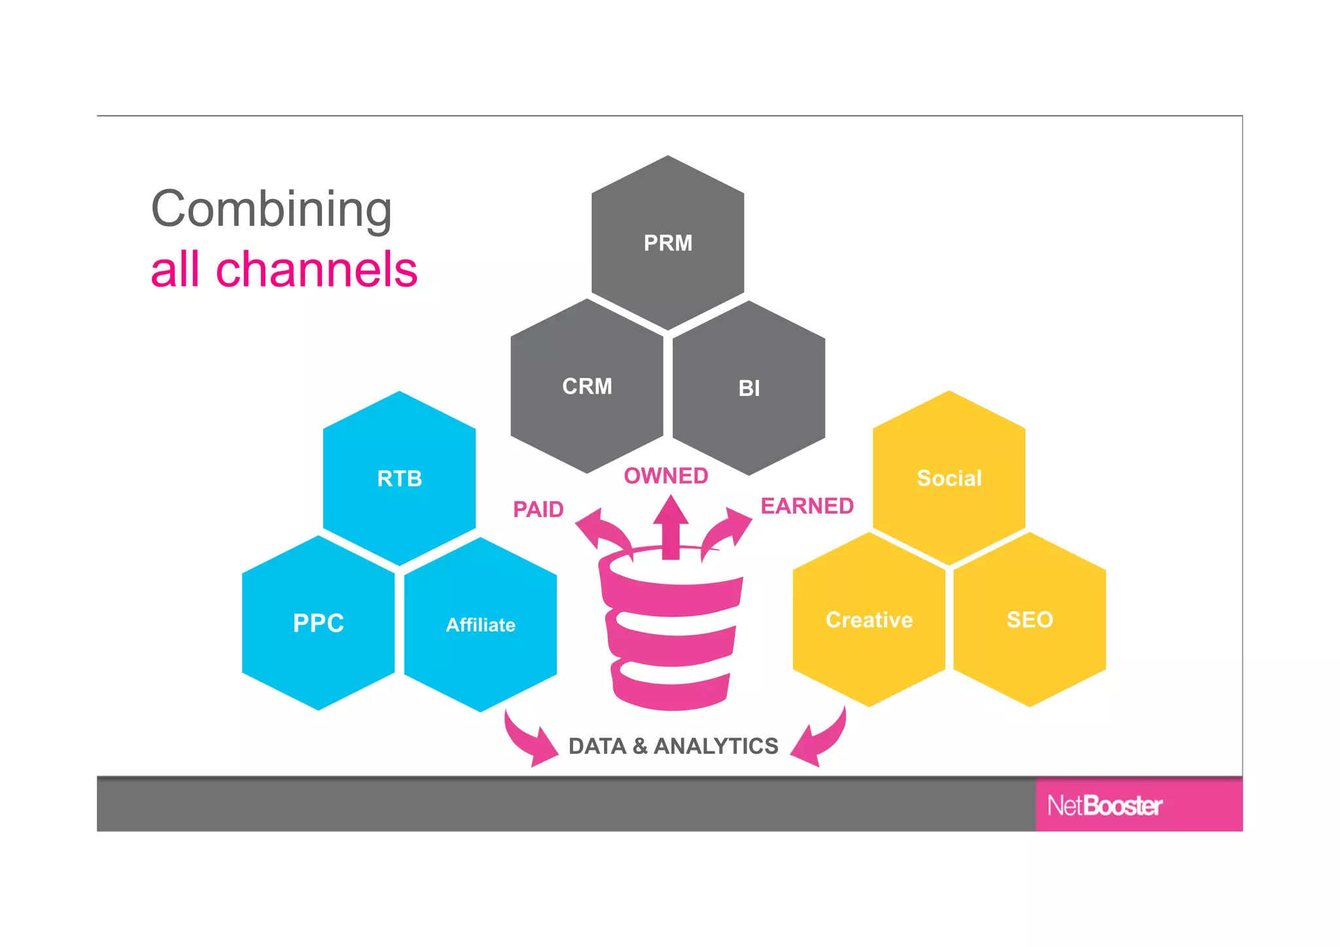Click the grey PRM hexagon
click(x=667, y=243)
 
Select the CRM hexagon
click(x=587, y=386)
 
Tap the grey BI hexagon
click(x=749, y=388)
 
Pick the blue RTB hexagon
click(x=399, y=478)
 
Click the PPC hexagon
click(x=318, y=623)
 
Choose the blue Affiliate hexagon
click(x=480, y=625)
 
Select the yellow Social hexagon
click(x=949, y=478)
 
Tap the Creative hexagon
click(x=869, y=620)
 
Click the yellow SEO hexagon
click(x=1029, y=620)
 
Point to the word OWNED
click(x=666, y=476)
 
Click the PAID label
click(x=538, y=509)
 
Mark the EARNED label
click(x=807, y=506)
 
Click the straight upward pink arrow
click(x=671, y=527)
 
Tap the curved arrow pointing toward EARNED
click(x=728, y=531)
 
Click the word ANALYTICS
click(x=716, y=746)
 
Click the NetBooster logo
click(x=1104, y=806)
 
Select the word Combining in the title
click(x=271, y=209)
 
